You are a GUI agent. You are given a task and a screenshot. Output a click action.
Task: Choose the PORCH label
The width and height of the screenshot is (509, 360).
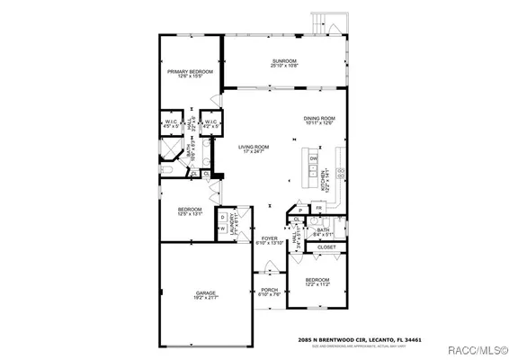click(270, 290)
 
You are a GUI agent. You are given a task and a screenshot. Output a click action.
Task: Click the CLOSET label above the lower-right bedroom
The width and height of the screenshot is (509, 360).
click(326, 247)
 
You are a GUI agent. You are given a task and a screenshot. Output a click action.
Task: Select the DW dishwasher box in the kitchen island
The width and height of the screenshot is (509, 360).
click(314, 158)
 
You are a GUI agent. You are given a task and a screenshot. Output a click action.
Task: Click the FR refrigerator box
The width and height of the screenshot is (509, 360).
click(318, 208)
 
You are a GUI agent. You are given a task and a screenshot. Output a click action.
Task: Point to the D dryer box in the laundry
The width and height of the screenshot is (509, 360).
click(222, 217)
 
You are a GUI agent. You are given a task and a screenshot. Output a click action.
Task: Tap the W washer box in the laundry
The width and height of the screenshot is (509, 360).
click(222, 228)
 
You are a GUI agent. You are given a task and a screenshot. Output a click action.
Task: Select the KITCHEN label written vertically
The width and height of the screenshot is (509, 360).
click(324, 179)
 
